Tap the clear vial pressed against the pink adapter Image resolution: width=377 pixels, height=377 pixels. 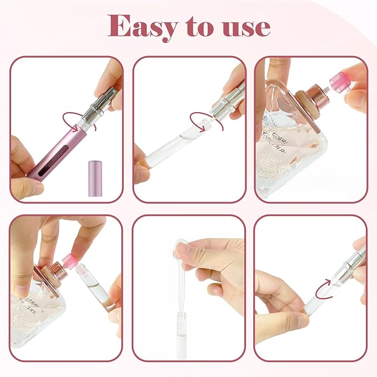[x=94, y=289]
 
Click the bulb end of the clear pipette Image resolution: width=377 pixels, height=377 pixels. [x=180, y=245]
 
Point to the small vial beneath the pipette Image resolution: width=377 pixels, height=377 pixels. [x=184, y=322]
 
